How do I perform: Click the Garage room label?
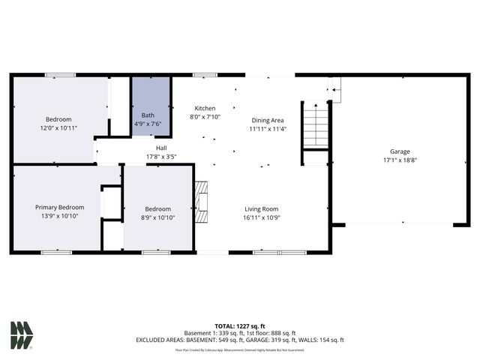coord(399,151)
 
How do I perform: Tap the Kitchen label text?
coord(205,108)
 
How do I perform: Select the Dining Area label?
coord(267,120)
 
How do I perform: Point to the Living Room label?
coord(261,208)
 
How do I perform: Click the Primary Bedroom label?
coord(59,207)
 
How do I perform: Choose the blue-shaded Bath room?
coord(151,106)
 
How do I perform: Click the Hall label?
coord(161,148)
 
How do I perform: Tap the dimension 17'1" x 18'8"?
coord(399,160)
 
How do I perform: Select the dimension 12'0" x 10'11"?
coord(58,128)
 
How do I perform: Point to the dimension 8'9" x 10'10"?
coord(157,217)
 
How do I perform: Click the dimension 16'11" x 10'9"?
coord(261,217)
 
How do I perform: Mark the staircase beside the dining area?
coord(315,124)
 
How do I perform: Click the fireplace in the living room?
coord(200,202)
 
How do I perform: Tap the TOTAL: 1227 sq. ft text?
coord(240,325)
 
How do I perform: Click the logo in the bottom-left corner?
coord(21,335)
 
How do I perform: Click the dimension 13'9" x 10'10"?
coord(59,216)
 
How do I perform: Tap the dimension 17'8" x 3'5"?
coord(161,157)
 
